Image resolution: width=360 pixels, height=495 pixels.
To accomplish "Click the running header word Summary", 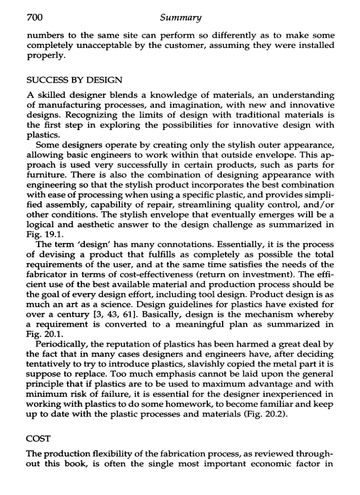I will point(180,18).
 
